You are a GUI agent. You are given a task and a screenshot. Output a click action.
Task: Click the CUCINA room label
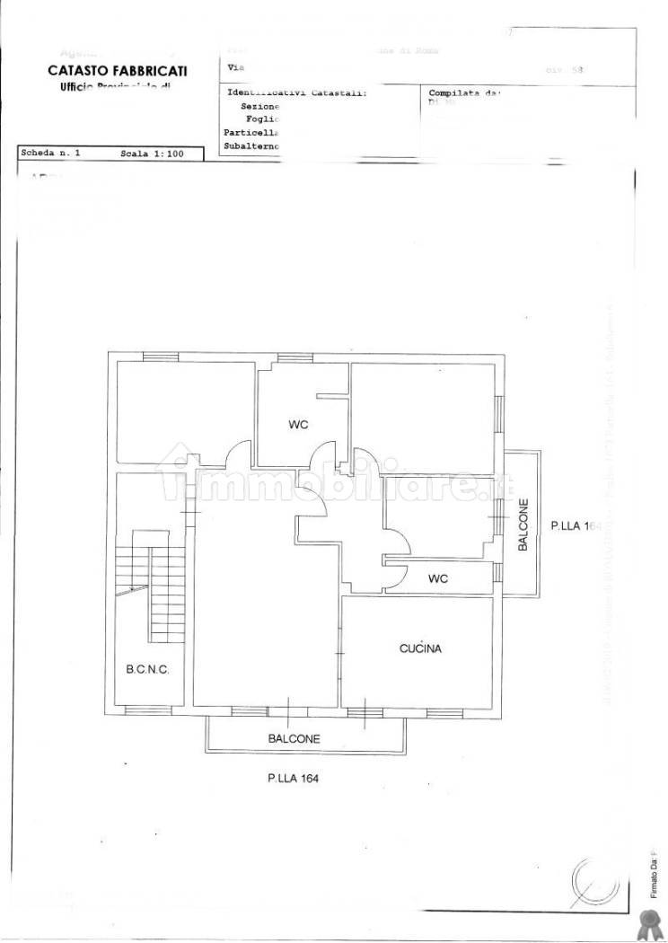pyautogui.click(x=420, y=648)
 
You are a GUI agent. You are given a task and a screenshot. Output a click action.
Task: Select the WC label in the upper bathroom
pyautogui.click(x=298, y=425)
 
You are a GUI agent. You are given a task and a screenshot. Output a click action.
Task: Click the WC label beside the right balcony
pyautogui.click(x=437, y=579)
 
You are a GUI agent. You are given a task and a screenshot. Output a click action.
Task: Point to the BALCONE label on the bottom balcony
pyautogui.click(x=294, y=739)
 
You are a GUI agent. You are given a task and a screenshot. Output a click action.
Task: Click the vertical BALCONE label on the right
pyautogui.click(x=523, y=525)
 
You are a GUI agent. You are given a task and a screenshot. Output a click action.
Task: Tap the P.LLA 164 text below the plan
pyautogui.click(x=293, y=779)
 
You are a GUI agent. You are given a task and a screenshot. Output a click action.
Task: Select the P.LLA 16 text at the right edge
pyautogui.click(x=575, y=526)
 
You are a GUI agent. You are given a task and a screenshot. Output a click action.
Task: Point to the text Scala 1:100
pyautogui.click(x=151, y=154)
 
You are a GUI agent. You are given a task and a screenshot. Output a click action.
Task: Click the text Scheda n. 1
pyautogui.click(x=50, y=154)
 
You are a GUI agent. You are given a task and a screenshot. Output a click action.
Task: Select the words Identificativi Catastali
pyautogui.click(x=297, y=93)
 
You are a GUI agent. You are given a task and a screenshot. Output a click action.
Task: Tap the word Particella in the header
pyautogui.click(x=252, y=132)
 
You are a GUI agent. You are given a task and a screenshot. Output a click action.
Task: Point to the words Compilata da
pyautogui.click(x=464, y=93)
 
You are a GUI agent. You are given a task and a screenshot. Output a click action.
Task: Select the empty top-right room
pyautogui.click(x=422, y=418)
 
